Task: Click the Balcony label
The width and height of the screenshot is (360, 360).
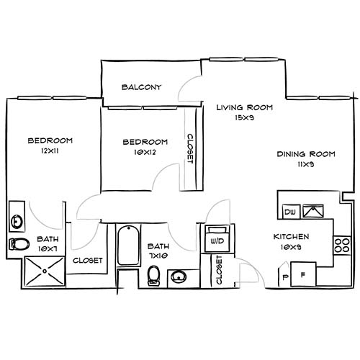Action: click(141, 87)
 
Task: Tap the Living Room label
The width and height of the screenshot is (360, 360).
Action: click(245, 108)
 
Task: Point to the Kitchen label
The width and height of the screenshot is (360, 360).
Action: click(291, 237)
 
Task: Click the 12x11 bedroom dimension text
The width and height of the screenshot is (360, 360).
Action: click(49, 153)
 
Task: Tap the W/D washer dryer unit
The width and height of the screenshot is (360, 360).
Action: click(215, 238)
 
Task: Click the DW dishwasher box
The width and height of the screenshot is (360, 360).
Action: click(291, 212)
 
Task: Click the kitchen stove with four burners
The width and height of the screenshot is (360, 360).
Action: click(341, 245)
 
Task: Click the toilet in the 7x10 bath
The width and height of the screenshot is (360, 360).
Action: click(153, 275)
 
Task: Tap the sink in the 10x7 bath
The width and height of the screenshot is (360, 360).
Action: click(17, 214)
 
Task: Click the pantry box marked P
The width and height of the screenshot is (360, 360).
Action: click(284, 276)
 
